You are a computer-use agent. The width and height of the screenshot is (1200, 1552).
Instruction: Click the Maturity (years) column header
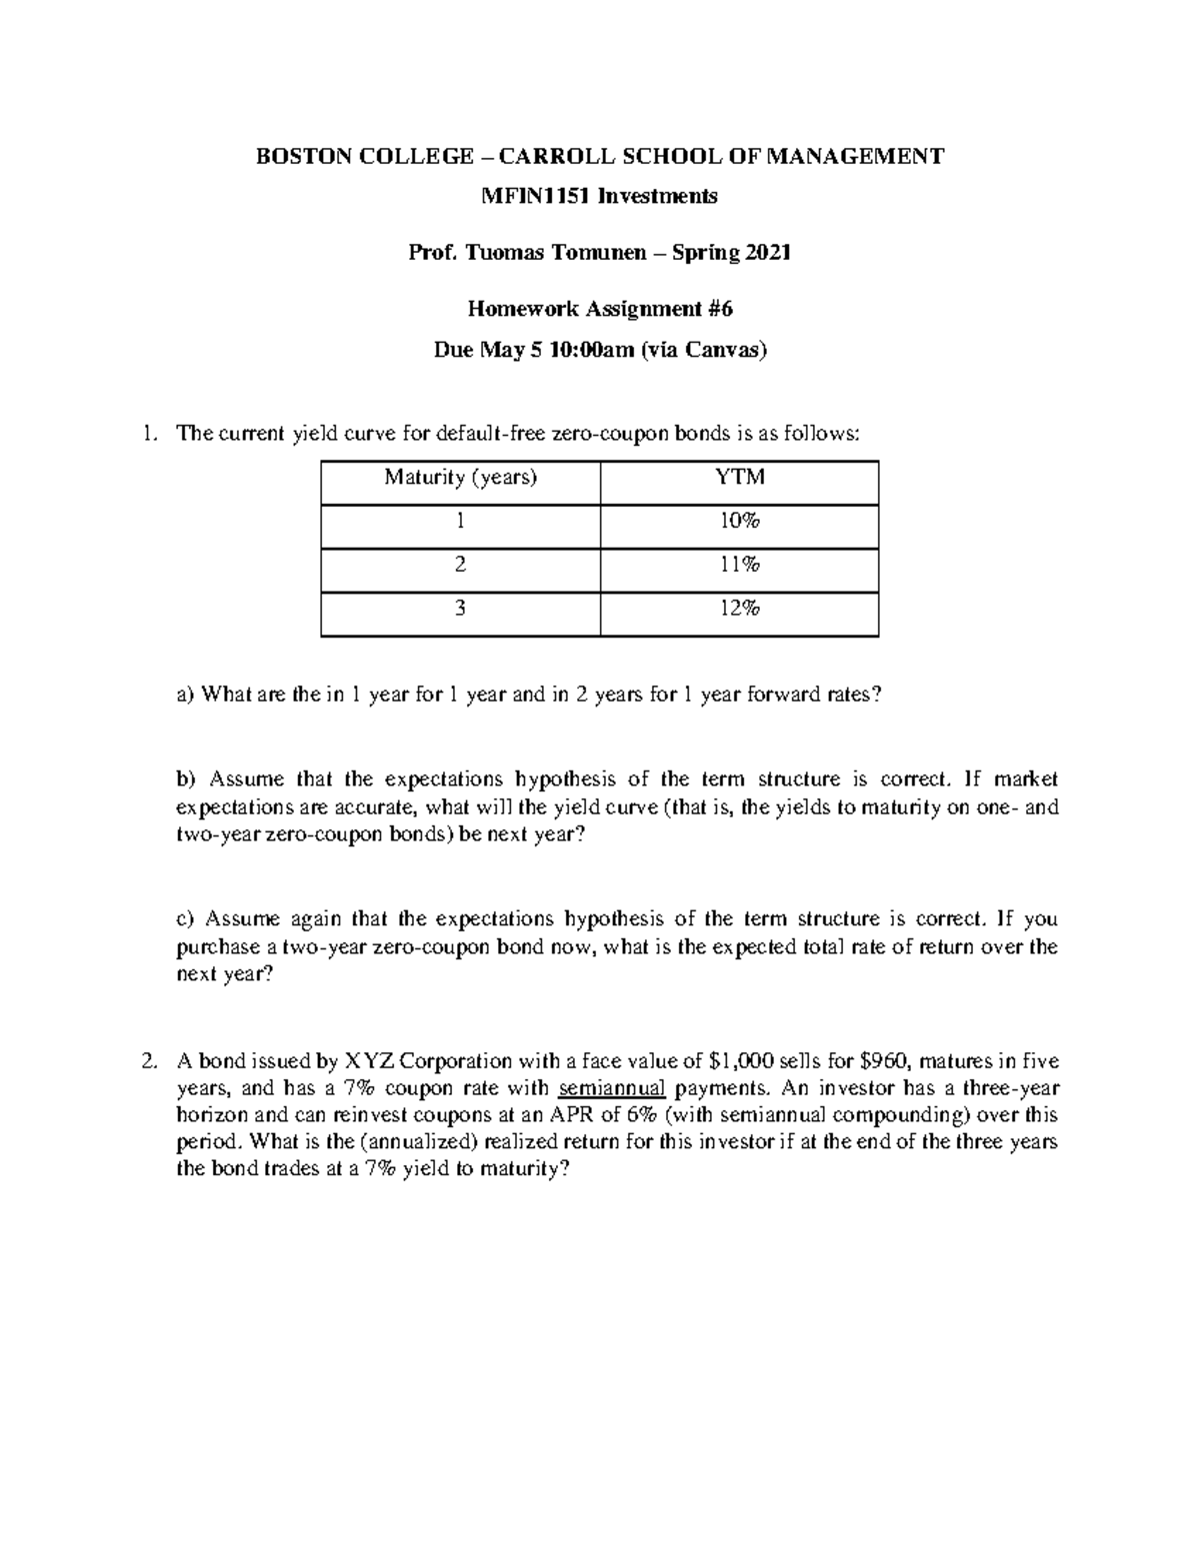pos(460,478)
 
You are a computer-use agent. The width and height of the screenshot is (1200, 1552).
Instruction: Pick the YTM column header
pos(739,478)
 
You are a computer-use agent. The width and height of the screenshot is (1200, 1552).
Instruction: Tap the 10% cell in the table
pos(739,522)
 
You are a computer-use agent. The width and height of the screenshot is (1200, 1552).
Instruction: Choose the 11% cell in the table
pos(739,565)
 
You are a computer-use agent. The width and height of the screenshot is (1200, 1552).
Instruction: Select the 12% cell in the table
pos(739,608)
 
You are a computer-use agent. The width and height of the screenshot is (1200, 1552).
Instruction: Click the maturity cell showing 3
pos(460,608)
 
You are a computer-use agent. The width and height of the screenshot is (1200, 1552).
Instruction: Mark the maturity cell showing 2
pos(460,565)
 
